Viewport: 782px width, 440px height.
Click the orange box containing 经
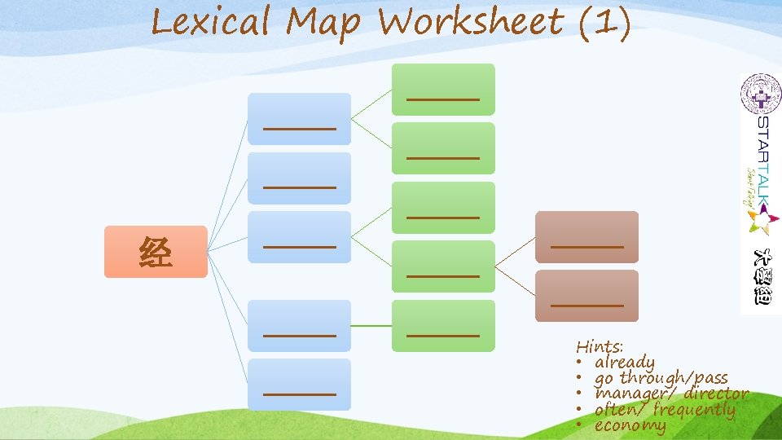coord(156,252)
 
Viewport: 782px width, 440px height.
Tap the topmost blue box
coord(299,119)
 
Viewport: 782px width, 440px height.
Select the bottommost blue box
coord(299,384)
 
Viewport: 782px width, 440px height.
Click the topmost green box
coord(443,90)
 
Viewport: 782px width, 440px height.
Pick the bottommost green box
coord(443,326)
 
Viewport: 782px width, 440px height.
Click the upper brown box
coord(586,237)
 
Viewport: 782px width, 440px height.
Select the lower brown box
coord(586,296)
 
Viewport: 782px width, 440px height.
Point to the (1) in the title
coord(603,23)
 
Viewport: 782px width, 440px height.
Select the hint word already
coord(625,362)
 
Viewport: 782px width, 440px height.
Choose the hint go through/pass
coord(661,377)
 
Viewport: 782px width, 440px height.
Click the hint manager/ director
coord(671,394)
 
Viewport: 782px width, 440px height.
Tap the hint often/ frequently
coord(665,410)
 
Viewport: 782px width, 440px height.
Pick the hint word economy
coord(630,425)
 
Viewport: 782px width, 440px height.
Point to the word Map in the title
coord(323,23)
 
